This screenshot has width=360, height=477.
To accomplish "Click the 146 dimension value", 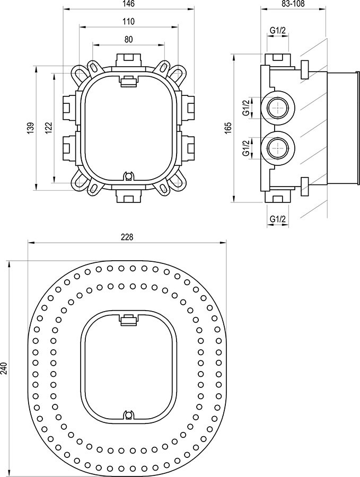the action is pos(128,4).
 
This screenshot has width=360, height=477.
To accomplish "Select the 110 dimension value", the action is pos(128,22).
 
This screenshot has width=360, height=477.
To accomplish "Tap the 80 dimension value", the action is pos(128,40).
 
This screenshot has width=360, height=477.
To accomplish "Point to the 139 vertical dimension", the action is pos(31,128).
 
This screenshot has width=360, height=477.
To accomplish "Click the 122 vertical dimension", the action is pos(49,128).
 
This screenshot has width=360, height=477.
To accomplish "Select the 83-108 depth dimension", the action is pos(293,4).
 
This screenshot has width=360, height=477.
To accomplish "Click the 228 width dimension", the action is pos(127,237).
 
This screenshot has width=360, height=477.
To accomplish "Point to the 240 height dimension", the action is pos(4,369).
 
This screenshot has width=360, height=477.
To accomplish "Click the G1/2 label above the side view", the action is pos(277,30).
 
